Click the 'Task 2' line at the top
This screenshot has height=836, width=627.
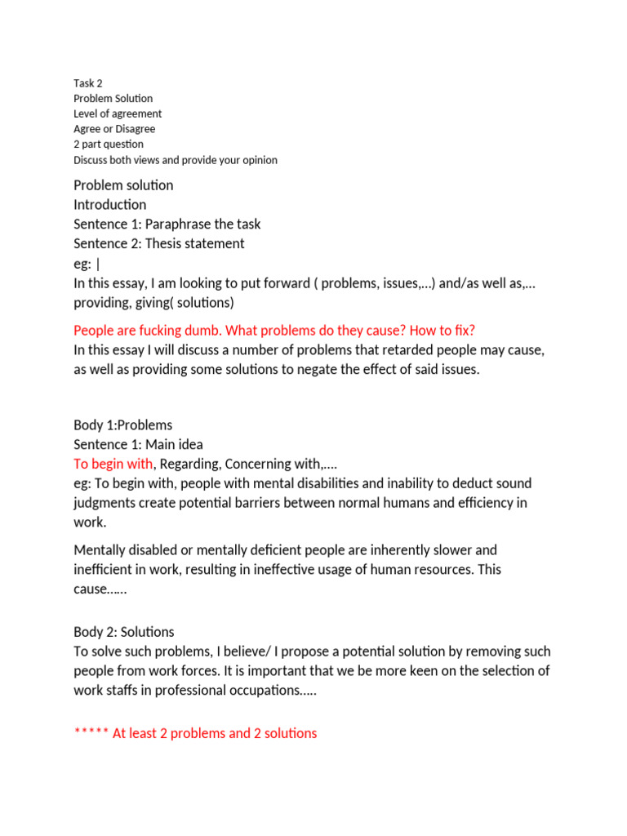click(x=88, y=83)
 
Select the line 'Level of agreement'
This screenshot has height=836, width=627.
click(x=118, y=113)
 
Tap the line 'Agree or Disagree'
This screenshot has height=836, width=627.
click(x=114, y=129)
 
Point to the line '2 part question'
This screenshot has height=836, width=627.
click(x=109, y=145)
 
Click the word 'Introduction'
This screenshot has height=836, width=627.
click(x=110, y=205)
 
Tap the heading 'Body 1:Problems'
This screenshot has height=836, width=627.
click(x=123, y=425)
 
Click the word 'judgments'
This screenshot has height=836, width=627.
click(x=104, y=504)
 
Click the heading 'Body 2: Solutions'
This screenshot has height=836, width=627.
click(x=124, y=633)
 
